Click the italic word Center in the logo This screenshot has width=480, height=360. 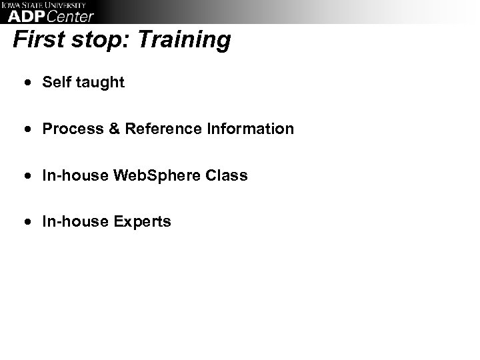coord(71,17)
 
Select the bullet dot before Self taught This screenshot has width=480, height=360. coord(28,83)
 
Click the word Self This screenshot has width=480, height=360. coord(55,82)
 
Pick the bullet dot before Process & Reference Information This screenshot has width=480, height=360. coord(28,129)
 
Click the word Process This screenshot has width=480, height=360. coord(70,129)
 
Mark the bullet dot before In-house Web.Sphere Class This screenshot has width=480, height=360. coord(28,176)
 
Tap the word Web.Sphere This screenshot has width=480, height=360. coord(156,175)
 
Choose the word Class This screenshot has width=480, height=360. coord(227,175)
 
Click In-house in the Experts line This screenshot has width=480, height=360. coord(74,222)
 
